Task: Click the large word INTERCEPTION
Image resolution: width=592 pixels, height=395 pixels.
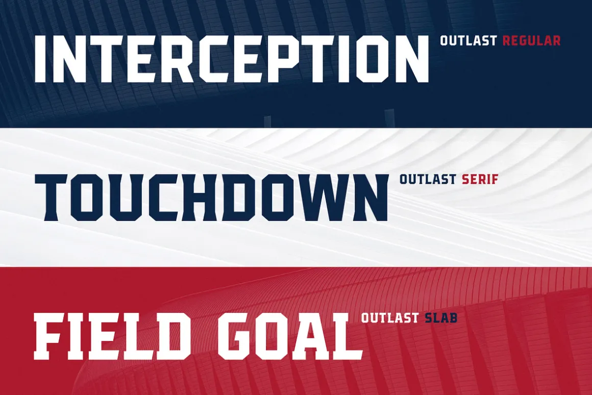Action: tap(232, 59)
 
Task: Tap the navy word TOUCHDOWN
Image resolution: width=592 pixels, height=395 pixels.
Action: tap(211, 197)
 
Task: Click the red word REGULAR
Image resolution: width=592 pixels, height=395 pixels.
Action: tap(531, 40)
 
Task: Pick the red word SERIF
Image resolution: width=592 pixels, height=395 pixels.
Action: tap(480, 179)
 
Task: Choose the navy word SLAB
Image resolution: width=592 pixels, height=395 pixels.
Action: tap(441, 318)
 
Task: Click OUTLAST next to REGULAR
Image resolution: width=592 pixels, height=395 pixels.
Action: tap(468, 40)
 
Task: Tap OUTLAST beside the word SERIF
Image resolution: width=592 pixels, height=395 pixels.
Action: tap(428, 179)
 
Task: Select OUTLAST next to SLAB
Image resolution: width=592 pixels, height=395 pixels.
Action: tap(390, 318)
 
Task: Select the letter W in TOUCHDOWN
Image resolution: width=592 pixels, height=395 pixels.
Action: tap(321, 197)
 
